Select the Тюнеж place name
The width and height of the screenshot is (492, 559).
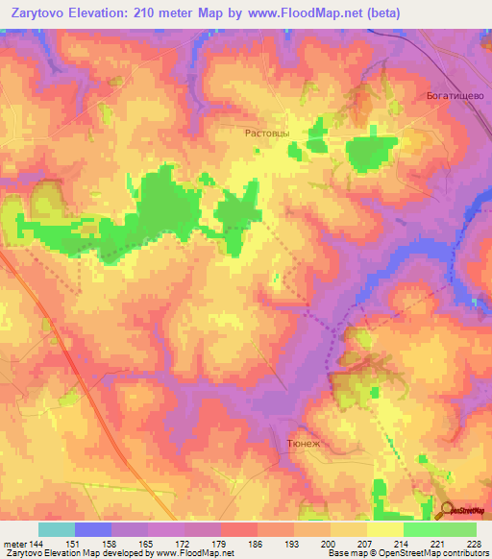click(x=304, y=445)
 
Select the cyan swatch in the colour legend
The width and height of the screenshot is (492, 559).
click(x=57, y=529)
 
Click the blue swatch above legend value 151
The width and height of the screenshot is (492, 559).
click(x=93, y=529)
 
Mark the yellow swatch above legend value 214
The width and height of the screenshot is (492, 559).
click(x=385, y=529)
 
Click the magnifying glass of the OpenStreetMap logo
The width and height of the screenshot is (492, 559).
click(x=447, y=510)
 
